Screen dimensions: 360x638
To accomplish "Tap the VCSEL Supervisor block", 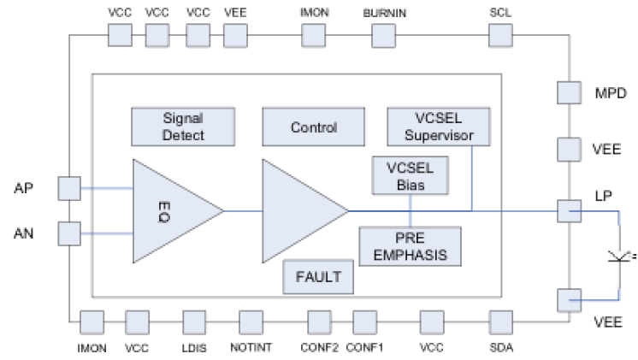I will [x=437, y=126].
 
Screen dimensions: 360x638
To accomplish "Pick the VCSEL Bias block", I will [x=411, y=174].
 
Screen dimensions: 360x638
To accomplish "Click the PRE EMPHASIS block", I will [x=411, y=245].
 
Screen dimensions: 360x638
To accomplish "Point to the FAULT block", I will [x=319, y=277].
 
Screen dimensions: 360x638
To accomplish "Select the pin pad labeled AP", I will [x=68, y=187].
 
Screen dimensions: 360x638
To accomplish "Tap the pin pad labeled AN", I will [x=68, y=233].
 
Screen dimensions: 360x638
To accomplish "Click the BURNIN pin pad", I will [x=384, y=35].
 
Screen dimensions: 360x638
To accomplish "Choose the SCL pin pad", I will [x=500, y=35].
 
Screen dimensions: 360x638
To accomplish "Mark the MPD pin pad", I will [x=570, y=92].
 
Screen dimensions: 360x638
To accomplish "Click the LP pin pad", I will [x=570, y=209].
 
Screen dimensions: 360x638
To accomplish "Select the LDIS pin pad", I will [x=194, y=322].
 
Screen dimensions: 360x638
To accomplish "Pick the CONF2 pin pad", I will [x=319, y=322].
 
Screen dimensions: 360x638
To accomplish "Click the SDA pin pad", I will [x=500, y=322].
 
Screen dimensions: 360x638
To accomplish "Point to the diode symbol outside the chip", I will [x=617, y=256].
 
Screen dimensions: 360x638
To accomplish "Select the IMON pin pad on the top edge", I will [x=314, y=35].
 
